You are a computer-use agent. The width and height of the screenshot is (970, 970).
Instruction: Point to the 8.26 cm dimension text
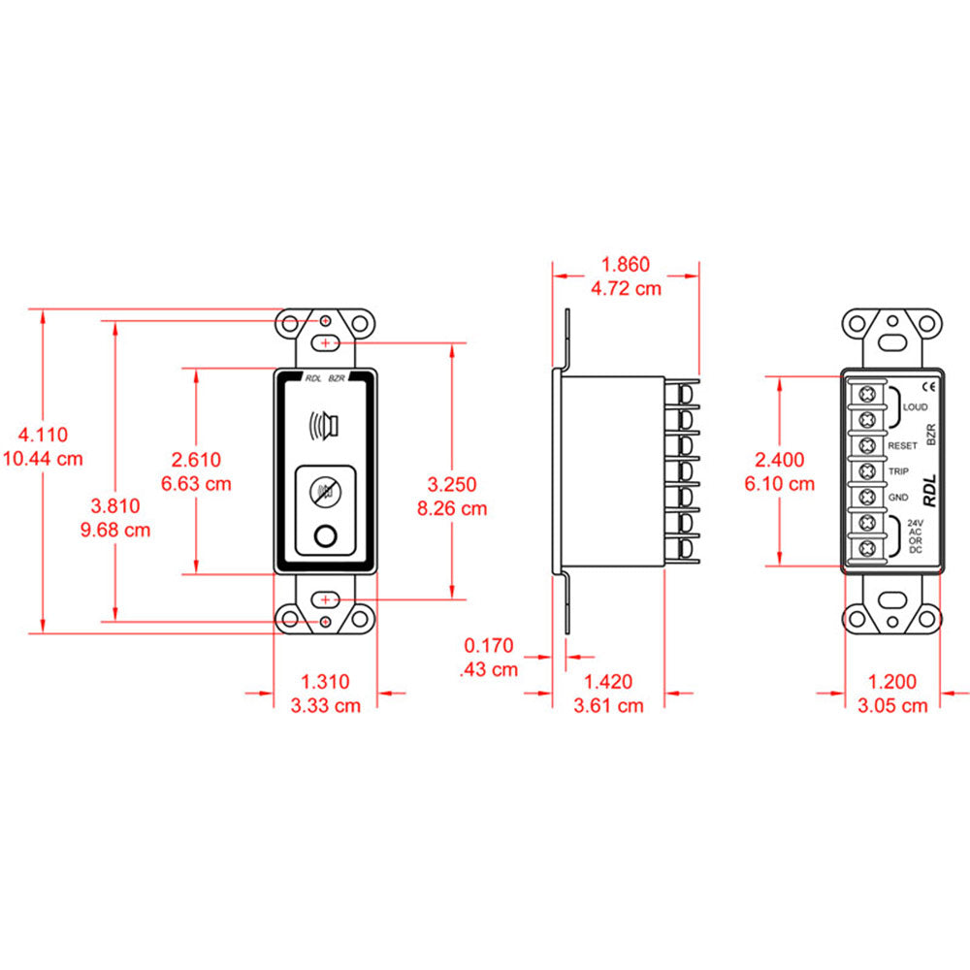click(x=453, y=507)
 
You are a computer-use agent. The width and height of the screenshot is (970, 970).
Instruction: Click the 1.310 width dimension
click(x=325, y=682)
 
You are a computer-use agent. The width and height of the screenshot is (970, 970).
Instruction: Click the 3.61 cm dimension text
click(x=608, y=705)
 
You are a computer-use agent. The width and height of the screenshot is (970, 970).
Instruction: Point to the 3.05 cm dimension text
click(x=893, y=705)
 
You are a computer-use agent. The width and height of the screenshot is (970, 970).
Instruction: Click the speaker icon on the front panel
click(x=325, y=426)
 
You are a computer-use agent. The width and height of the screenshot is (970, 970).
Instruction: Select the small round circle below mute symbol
click(x=325, y=534)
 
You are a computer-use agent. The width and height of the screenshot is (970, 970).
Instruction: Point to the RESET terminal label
click(x=902, y=445)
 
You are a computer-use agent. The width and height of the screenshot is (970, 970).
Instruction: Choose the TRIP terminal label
click(x=897, y=472)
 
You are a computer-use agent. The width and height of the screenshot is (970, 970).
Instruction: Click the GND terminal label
click(x=896, y=498)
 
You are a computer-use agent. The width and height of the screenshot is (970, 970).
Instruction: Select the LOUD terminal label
click(x=915, y=407)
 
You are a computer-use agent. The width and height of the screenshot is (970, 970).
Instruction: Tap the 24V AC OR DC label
click(x=915, y=536)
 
